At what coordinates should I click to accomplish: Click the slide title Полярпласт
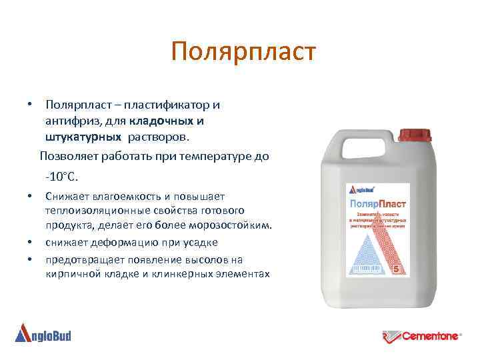point(241,52)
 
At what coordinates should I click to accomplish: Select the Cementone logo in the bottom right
point(421,336)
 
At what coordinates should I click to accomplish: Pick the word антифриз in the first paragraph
point(69,121)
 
